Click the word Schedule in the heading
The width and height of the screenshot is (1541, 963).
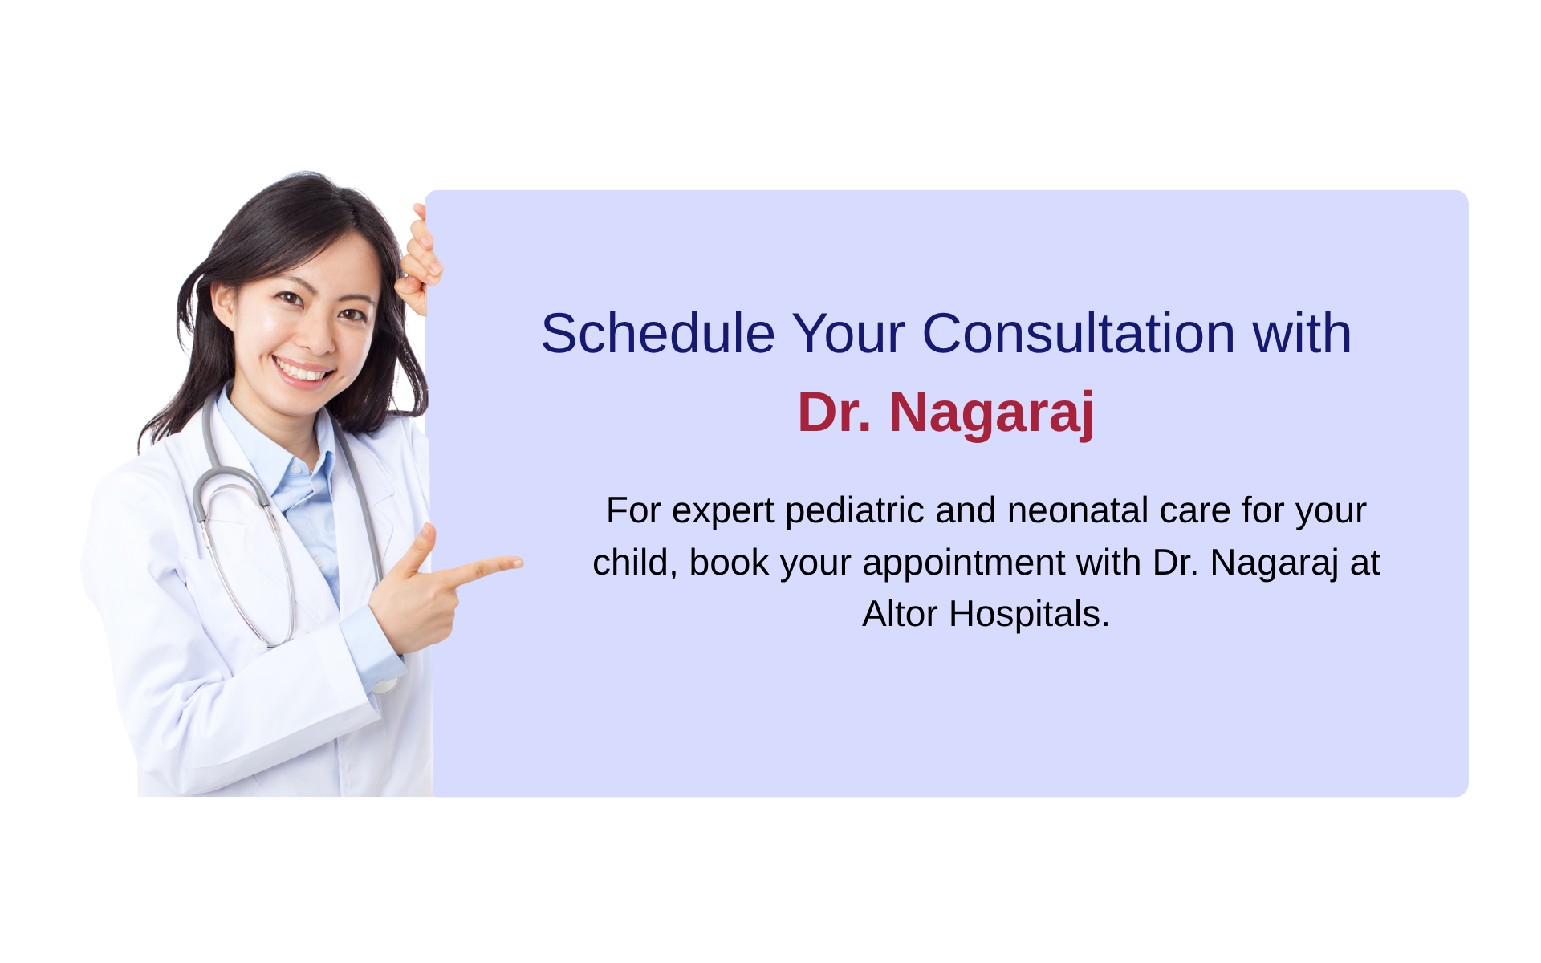[x=658, y=333]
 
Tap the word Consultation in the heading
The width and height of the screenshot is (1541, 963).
[x=1079, y=333]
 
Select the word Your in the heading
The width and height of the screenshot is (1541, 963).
[x=848, y=333]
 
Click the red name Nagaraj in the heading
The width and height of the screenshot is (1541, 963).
[x=992, y=413]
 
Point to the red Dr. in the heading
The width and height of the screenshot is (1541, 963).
[x=835, y=412]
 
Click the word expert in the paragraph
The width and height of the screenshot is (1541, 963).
[x=723, y=512]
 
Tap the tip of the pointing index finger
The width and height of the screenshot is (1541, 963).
[x=520, y=563]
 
